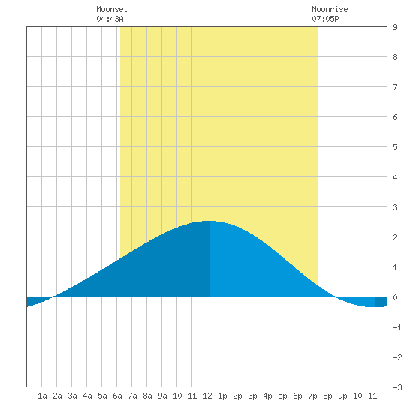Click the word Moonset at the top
tap(112, 9)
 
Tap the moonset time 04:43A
tap(110, 19)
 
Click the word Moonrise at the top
tap(330, 9)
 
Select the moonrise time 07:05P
tap(325, 19)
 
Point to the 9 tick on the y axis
tap(395, 27)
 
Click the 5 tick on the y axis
tap(395, 147)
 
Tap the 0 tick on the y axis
tap(395, 297)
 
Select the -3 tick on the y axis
tap(397, 387)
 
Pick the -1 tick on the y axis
tap(397, 327)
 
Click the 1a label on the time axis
tap(42, 396)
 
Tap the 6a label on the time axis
tap(117, 396)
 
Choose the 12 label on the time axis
tap(207, 396)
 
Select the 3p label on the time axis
tap(252, 396)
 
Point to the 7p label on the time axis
tap(312, 396)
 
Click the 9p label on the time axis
tap(342, 396)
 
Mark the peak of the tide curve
tap(210, 221)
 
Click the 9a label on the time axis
tap(162, 396)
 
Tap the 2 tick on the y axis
tap(395, 237)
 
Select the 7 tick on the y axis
tap(395, 87)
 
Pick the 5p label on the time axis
tap(282, 396)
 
